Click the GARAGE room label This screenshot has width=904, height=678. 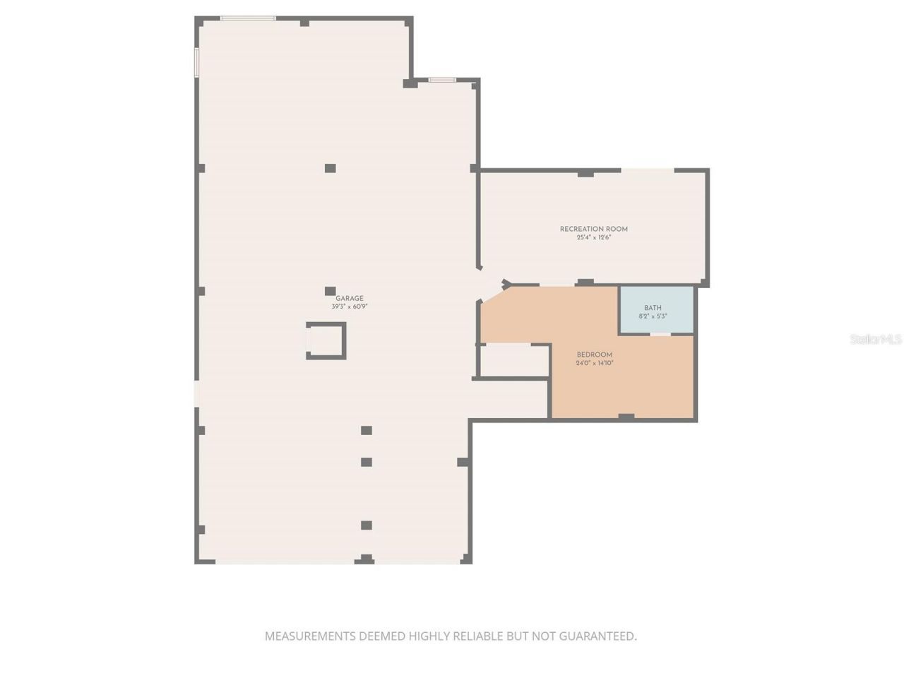pyautogui.click(x=350, y=299)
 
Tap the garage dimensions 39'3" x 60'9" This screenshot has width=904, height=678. pyautogui.click(x=350, y=307)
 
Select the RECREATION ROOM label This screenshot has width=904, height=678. pyautogui.click(x=593, y=229)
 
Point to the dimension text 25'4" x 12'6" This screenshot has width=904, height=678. pyautogui.click(x=593, y=237)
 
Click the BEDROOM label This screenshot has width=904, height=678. pyautogui.click(x=595, y=355)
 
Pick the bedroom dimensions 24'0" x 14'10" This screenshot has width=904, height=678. pyautogui.click(x=595, y=363)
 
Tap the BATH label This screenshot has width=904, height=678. pyautogui.click(x=653, y=308)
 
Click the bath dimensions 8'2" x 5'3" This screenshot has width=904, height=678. pyautogui.click(x=653, y=316)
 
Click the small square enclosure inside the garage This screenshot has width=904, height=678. pyautogui.click(x=326, y=340)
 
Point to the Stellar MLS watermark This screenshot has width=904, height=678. pyautogui.click(x=876, y=340)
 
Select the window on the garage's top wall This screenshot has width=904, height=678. pyautogui.click(x=247, y=18)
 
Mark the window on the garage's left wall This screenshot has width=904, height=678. pyautogui.click(x=196, y=61)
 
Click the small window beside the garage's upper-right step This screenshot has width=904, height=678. pyautogui.click(x=442, y=80)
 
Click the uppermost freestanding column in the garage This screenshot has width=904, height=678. pyautogui.click(x=330, y=168)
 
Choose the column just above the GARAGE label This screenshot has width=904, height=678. pyautogui.click(x=330, y=291)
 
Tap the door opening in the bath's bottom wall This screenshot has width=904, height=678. pyautogui.click(x=660, y=334)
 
